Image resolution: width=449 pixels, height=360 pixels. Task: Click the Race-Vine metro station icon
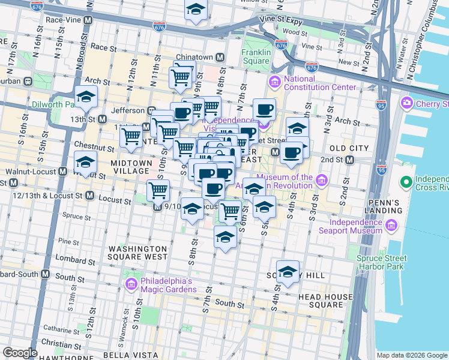[88, 20]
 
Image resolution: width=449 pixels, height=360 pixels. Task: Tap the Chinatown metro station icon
[220, 57]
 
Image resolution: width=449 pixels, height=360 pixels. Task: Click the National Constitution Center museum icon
[275, 82]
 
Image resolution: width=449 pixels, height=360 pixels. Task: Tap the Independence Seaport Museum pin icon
[392, 226]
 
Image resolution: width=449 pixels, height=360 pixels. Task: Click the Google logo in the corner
[20, 352]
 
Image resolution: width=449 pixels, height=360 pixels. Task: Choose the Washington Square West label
[137, 252]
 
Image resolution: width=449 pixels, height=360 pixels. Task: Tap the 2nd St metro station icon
[349, 160]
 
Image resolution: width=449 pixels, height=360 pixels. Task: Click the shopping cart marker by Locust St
[158, 190]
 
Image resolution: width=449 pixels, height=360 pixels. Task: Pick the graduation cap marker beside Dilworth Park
[86, 97]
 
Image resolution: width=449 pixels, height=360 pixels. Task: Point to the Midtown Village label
[131, 167]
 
